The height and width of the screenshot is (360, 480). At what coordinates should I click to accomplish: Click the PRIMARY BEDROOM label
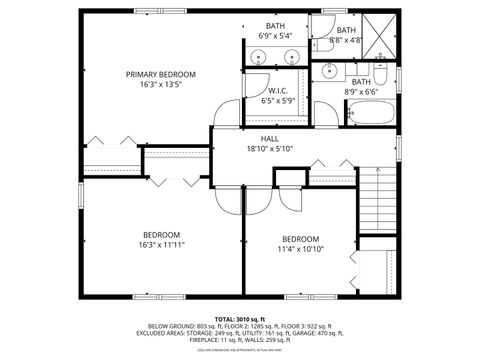coord(160,74)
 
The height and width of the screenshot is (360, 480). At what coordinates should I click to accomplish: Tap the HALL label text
coord(269,138)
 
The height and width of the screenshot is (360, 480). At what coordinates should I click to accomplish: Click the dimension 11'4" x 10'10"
coord(300,249)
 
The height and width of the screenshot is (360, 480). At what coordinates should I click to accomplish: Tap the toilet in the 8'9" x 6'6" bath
coord(381,74)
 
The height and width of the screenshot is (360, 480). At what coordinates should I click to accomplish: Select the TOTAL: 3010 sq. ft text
coord(239,318)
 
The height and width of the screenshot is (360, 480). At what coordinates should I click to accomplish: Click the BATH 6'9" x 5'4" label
coord(274,31)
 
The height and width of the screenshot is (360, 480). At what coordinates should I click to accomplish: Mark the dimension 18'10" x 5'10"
coord(269,148)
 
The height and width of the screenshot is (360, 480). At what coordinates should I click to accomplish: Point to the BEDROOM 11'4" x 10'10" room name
coord(300,239)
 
